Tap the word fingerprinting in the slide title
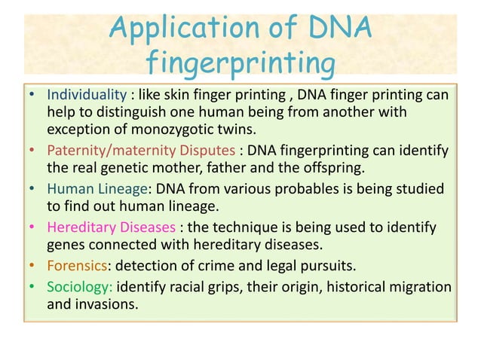pyautogui.click(x=240, y=65)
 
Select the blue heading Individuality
pyautogui.click(x=86, y=96)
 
